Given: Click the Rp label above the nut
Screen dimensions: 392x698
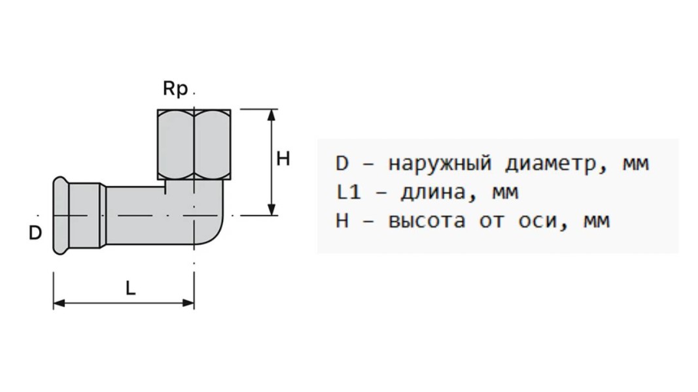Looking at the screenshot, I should (175, 90).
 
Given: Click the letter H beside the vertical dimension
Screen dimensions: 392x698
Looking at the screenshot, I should (283, 159).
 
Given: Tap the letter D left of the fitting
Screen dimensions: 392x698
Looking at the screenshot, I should (35, 233).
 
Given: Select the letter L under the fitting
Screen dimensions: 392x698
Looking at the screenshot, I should (131, 288).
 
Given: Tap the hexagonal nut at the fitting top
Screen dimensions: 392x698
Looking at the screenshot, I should (194, 145).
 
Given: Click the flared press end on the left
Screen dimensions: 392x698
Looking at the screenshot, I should (61, 215).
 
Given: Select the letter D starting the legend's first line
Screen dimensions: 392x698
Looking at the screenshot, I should (342, 163).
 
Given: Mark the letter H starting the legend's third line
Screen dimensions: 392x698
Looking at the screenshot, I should (342, 221).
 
